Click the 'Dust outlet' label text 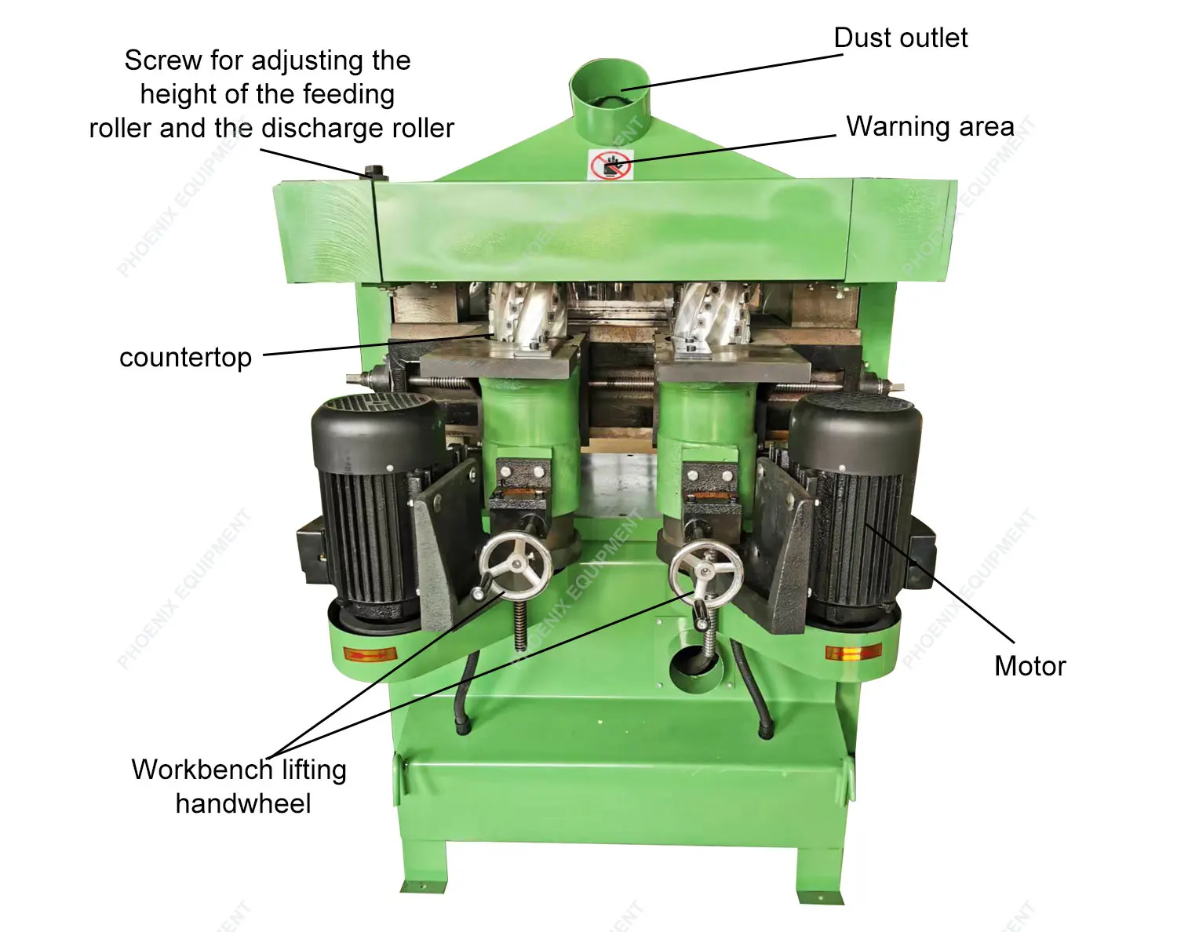(900, 38)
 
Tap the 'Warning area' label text (930, 126)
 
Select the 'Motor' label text (1029, 666)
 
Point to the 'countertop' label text (185, 358)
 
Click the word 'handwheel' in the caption (243, 803)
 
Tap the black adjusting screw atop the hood (375, 172)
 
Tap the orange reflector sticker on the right (853, 653)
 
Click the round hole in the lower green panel (695, 661)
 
